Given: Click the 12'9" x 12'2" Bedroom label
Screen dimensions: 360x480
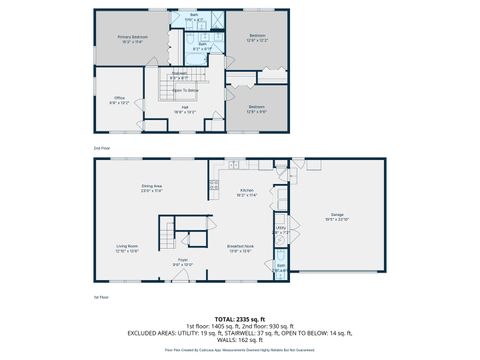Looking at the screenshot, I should click(256, 38).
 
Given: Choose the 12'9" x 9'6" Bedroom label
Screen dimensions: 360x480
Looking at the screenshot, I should click(256, 109).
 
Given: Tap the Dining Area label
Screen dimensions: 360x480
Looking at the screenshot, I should click(152, 188).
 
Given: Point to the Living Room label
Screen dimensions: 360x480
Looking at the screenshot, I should click(127, 248).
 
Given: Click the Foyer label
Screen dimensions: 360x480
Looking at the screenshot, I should click(183, 262).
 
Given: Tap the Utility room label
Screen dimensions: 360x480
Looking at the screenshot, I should click(281, 229).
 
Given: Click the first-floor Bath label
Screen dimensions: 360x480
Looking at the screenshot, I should click(281, 267).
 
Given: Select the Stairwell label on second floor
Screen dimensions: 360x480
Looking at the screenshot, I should click(180, 74).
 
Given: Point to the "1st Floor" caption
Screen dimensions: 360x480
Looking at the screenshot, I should click(102, 297).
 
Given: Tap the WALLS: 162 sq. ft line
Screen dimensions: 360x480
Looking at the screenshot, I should click(239, 340).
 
